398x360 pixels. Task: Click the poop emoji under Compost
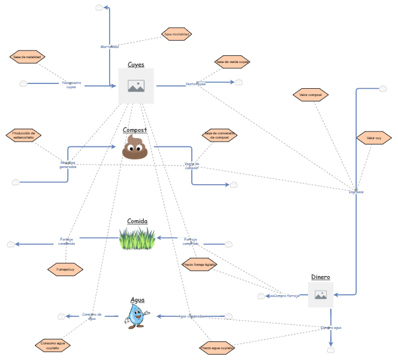pos(135,147)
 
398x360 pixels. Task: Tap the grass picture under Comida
pos(137,239)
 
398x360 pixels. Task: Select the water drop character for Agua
pos(137,316)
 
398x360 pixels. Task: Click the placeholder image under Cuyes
pos(136,86)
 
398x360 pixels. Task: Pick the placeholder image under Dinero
pos(321,295)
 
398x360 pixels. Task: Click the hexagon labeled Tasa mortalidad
pos(177,34)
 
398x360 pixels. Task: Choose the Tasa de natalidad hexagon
pos(28,57)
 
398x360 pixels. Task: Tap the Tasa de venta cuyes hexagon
pos(233,61)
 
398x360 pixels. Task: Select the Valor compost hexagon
pos(310,95)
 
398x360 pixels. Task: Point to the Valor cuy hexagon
pos(374,139)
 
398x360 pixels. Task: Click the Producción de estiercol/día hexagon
pos(23,136)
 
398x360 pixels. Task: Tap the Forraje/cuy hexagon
pos(65,269)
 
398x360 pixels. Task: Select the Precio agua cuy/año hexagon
pos(218,347)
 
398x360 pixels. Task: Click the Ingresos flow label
pos(356,192)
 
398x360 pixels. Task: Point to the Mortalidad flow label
pos(109,46)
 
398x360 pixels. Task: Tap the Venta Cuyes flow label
pos(195,84)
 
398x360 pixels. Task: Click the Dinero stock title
pos(320,277)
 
